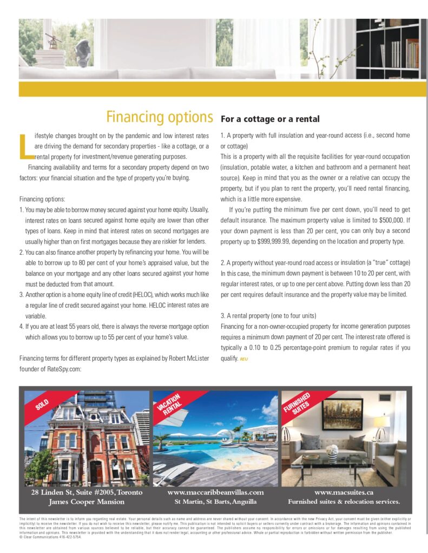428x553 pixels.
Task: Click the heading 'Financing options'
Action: (x=159, y=117)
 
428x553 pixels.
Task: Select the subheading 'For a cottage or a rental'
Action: (x=270, y=119)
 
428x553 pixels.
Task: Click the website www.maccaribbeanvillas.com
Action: (x=215, y=492)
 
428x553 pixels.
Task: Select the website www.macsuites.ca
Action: (x=344, y=492)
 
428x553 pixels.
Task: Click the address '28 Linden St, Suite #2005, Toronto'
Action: (x=87, y=492)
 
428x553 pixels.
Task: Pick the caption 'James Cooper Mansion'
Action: (x=87, y=502)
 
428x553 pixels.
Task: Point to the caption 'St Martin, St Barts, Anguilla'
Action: (x=215, y=502)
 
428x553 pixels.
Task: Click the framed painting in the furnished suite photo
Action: (x=342, y=414)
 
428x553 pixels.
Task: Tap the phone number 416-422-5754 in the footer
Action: (x=71, y=537)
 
